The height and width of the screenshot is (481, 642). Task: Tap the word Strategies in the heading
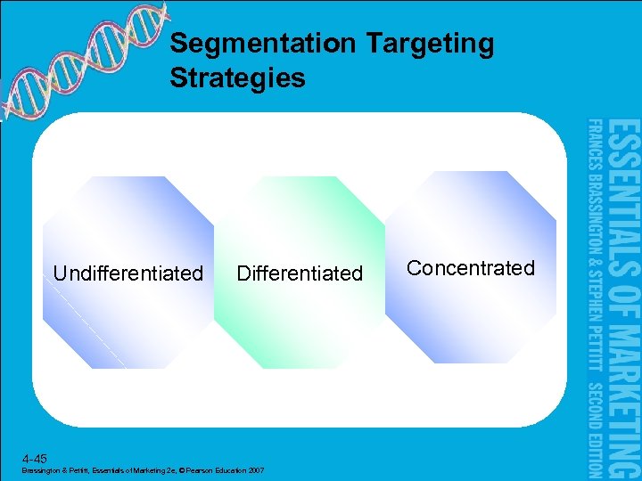[x=237, y=77]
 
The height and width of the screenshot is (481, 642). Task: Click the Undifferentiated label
[x=128, y=273]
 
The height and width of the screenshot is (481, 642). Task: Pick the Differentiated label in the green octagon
[x=300, y=273]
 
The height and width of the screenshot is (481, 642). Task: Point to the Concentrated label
[x=470, y=268]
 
